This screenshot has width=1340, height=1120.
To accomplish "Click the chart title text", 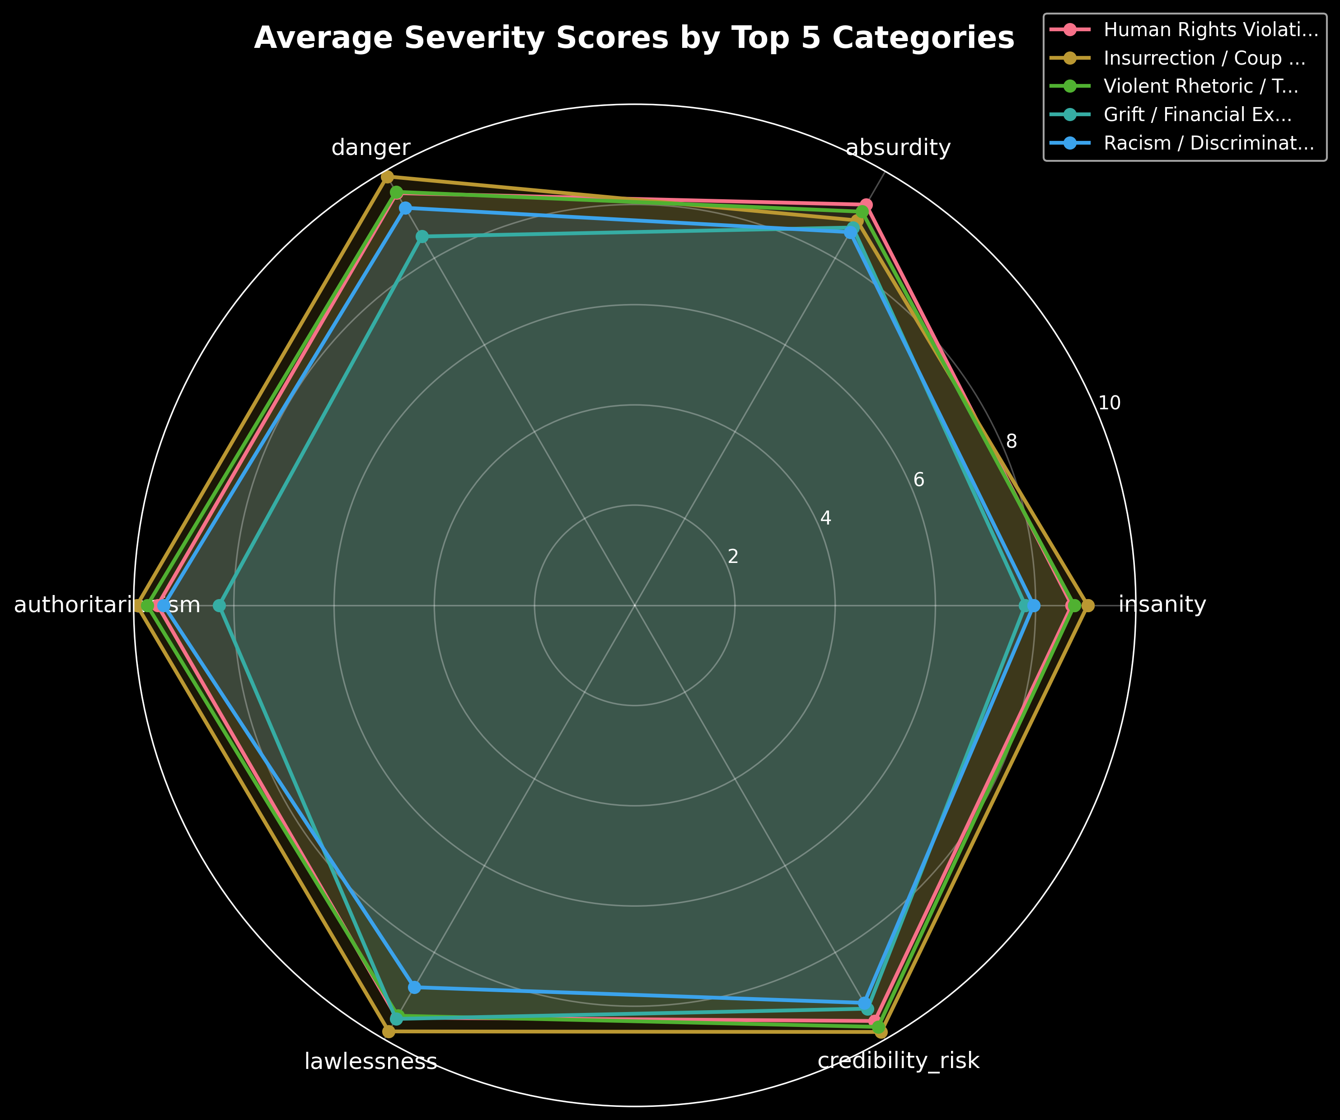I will click(633, 38).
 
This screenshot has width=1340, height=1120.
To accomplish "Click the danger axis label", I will click(371, 148).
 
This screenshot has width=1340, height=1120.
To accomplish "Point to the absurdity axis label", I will click(898, 148).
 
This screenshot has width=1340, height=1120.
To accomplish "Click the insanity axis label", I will click(1162, 605).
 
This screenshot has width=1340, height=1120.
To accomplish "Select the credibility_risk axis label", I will click(898, 1061).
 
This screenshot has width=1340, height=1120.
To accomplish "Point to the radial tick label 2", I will click(733, 557).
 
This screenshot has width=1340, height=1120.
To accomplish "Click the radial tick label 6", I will click(919, 480).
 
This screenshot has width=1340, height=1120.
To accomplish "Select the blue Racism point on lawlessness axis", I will click(415, 987).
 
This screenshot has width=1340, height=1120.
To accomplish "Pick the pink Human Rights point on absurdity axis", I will click(866, 205).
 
